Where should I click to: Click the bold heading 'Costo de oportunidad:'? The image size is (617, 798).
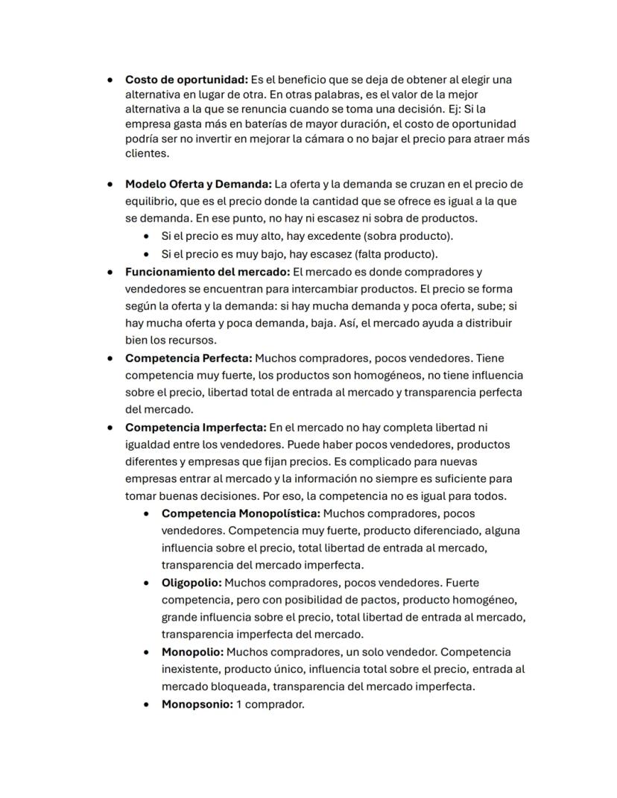coord(186,80)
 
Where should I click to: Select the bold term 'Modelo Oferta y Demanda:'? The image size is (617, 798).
coord(198,184)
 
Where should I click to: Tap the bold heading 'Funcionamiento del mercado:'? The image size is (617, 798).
coord(208,272)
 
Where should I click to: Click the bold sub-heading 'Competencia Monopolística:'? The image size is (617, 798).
coord(241,513)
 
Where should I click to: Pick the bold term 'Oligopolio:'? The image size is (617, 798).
coord(191,583)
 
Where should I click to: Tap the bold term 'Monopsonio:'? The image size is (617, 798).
coord(197,704)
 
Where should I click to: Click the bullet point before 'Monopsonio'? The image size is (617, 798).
coord(147,704)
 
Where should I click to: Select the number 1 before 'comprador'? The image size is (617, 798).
coord(239,704)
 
